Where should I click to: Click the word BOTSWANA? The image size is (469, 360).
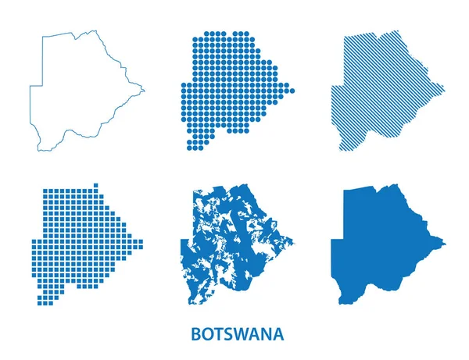(237, 334)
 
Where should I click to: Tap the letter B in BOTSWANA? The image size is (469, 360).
(195, 334)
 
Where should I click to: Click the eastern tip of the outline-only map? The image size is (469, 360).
(145, 91)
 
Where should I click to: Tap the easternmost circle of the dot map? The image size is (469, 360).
(292, 91)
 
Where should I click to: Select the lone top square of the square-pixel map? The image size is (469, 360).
(96, 185)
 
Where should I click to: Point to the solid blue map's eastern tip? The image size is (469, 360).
(445, 244)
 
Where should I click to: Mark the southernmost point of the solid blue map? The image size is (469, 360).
(345, 304)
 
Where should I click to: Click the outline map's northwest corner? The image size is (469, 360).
(43, 37)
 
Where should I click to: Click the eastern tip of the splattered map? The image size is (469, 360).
(294, 241)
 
